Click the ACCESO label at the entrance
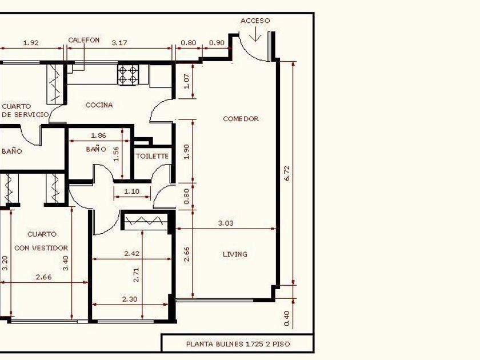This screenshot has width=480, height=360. (255, 21)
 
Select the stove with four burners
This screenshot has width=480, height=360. (128, 75)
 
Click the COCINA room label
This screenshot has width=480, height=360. (99, 105)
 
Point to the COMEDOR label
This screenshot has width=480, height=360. (241, 119)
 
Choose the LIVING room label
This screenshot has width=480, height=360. (235, 254)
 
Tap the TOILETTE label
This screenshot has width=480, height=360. (152, 156)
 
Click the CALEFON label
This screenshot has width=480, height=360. (84, 40)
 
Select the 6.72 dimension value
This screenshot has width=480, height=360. (287, 173)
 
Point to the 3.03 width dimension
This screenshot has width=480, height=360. (226, 223)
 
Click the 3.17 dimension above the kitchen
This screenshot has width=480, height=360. (119, 43)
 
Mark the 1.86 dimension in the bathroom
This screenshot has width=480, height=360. (98, 135)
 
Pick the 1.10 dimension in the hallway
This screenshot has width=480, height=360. (131, 191)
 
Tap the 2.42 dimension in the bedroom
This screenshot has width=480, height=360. (132, 254)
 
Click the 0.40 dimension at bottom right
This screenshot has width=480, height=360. (287, 318)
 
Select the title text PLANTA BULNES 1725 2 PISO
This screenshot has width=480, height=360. (238, 344)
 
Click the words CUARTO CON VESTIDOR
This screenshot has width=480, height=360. (41, 241)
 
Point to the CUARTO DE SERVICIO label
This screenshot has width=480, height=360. (25, 110)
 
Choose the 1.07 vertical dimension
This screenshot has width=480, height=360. (186, 81)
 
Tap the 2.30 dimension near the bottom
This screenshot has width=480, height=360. (130, 299)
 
